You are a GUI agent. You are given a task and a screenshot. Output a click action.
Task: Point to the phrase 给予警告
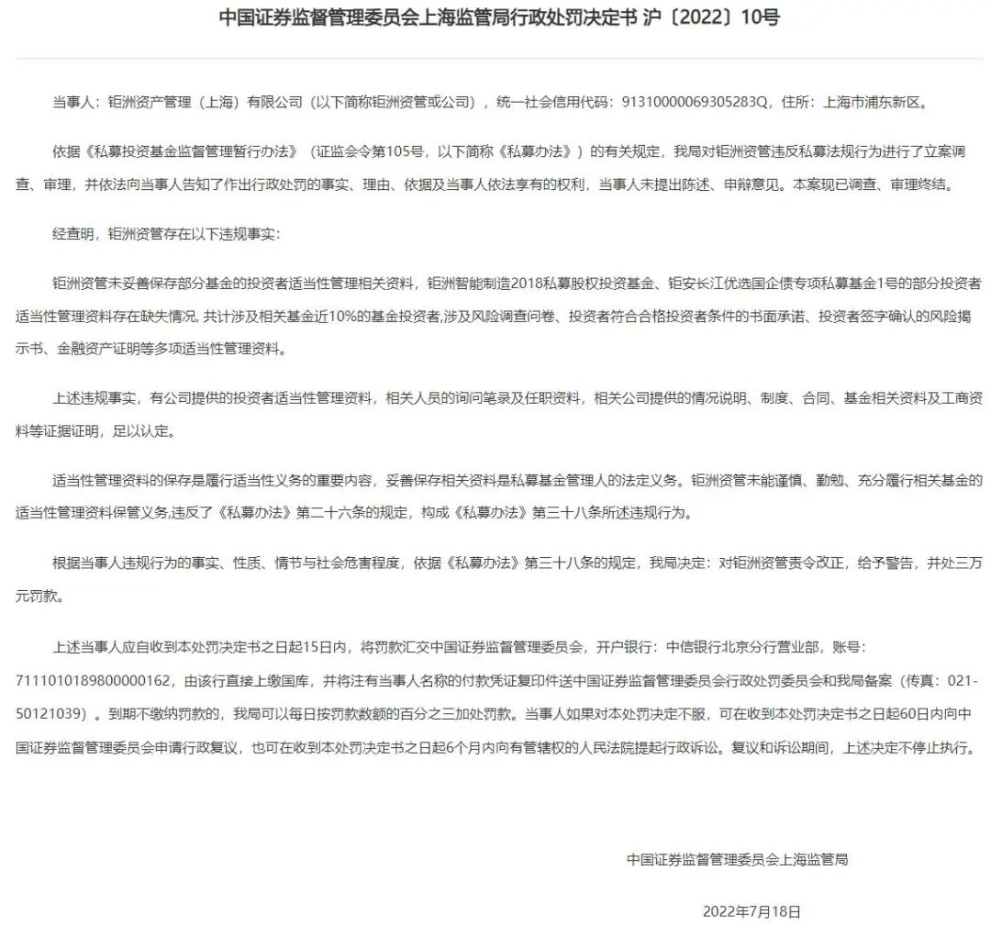884,563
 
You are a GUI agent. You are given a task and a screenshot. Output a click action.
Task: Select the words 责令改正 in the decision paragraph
827,563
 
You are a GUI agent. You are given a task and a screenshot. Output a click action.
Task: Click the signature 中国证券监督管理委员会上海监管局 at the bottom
737,859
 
